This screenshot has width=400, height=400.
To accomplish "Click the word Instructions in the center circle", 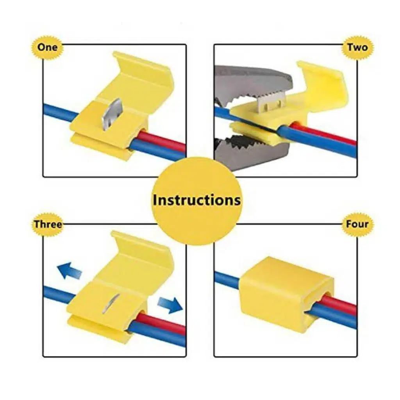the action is point(197,200).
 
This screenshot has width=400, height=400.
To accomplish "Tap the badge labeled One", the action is point(47,47).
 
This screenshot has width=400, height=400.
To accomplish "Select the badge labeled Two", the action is point(357,47).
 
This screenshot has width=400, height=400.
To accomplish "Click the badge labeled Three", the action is point(48,224).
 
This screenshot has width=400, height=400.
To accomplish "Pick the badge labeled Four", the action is point(357,224).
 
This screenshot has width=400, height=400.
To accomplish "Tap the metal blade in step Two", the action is point(272,102).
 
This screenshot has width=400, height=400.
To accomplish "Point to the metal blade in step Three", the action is point(111,303).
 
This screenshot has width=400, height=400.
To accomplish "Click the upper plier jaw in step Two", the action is point(253,84).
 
